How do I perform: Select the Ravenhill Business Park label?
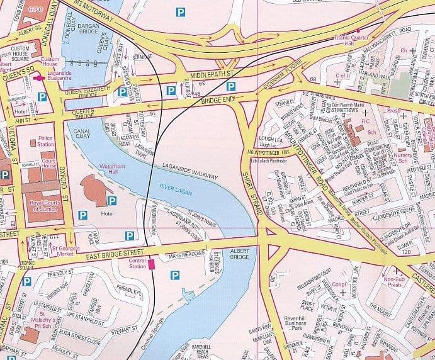pyautogui.click(x=301, y=313)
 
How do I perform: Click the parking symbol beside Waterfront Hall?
pyautogui.click(x=111, y=201)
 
